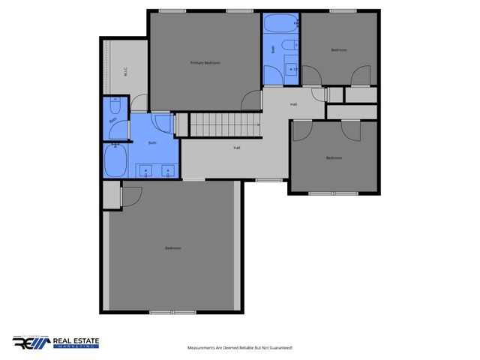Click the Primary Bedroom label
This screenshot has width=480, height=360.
tap(205, 63)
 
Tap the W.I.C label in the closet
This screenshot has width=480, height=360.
tap(124, 73)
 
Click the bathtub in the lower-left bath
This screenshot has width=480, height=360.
tap(115, 160)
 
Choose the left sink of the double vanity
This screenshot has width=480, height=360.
tap(145, 172)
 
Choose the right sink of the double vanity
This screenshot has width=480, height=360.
tap(167, 172)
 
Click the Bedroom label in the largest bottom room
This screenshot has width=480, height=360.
tap(173, 248)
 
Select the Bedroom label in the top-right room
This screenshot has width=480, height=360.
tap(339, 50)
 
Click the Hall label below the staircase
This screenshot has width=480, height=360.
tap(237, 148)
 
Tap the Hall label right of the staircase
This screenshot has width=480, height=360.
tap(294, 103)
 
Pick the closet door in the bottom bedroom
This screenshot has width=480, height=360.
tap(130, 196)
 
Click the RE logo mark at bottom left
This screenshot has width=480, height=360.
tap(30, 343)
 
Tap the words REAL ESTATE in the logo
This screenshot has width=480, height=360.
tap(75, 340)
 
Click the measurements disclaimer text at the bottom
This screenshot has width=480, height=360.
tap(239, 348)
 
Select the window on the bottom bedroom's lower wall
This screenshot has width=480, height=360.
tap(172, 311)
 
